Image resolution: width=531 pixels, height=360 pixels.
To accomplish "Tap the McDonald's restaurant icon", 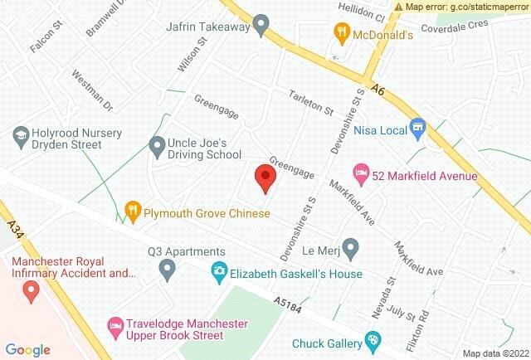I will click(340, 34).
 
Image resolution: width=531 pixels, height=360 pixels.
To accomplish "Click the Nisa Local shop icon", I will click(417, 129).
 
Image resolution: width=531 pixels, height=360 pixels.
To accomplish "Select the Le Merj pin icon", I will click(351, 247).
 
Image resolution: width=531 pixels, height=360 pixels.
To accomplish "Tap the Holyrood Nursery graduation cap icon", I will click(20, 133).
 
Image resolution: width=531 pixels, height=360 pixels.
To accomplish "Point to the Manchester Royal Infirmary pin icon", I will click(32, 289).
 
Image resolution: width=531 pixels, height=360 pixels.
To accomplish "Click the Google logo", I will click(28, 350).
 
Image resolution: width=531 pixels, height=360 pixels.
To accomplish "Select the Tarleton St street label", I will click(310, 103).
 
